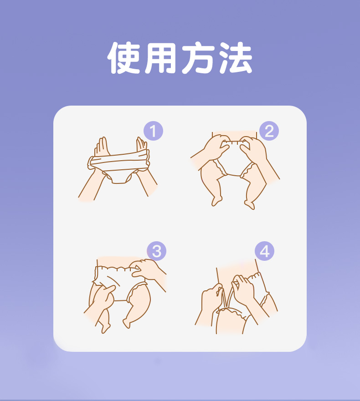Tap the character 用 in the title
(160, 58)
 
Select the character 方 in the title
(198, 58)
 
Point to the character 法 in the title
(236, 58)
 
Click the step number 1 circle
(153, 131)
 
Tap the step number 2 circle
(269, 131)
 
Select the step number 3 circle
(156, 251)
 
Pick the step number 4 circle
(264, 251)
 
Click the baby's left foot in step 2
(216, 201)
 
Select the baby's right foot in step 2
(249, 204)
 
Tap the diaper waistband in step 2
(234, 142)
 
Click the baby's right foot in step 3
(127, 323)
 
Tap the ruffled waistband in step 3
(116, 268)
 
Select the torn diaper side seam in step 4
(226, 297)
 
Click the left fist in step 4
(212, 297)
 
